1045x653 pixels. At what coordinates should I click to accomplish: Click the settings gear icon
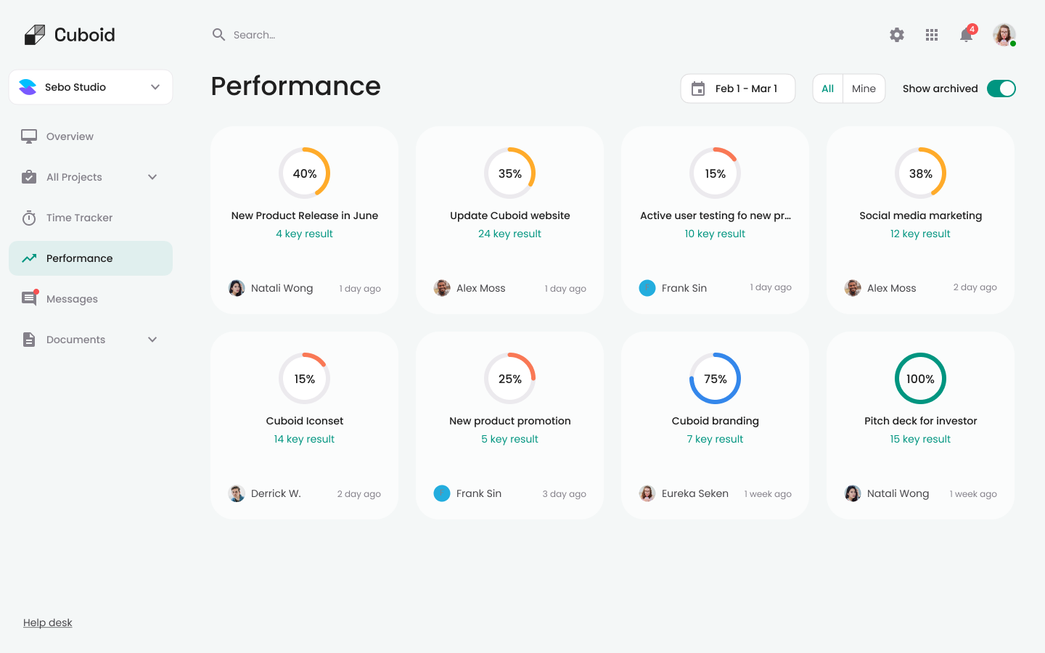(897, 35)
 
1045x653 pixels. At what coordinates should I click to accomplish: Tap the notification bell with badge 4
(966, 35)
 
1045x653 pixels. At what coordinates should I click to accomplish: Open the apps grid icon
(932, 35)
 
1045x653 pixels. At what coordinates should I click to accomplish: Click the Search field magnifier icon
(218, 35)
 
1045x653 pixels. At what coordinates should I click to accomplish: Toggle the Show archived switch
(1001, 89)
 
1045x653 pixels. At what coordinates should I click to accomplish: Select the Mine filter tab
(864, 89)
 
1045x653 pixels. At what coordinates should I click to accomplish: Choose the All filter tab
(828, 89)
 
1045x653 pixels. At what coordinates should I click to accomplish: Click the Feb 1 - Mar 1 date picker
(737, 89)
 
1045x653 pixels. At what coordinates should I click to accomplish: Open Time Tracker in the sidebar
(79, 218)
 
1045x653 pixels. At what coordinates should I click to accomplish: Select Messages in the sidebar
(72, 299)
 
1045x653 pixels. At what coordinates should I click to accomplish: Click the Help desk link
(48, 623)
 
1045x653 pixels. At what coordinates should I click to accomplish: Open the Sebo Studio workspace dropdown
(91, 87)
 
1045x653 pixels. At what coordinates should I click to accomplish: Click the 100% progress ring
(920, 379)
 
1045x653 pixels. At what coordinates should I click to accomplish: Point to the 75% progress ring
(715, 379)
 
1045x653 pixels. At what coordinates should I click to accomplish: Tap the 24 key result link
(509, 234)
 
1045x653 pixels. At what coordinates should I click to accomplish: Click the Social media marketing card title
(920, 215)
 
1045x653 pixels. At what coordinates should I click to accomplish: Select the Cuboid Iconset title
(304, 421)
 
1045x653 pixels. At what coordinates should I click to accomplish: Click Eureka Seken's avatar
(647, 493)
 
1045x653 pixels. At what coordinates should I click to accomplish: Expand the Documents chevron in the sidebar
(152, 340)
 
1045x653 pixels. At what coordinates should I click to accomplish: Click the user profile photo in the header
(1004, 34)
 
